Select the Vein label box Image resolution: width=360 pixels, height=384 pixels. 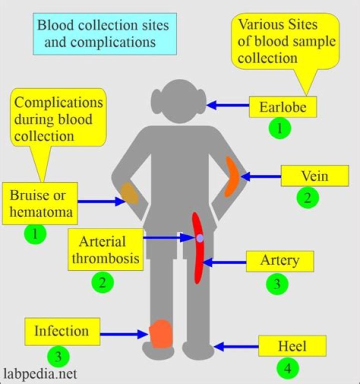pos(314,176)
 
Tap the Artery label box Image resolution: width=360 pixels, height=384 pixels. pos(279,261)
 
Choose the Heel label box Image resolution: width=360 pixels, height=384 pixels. pos(292,346)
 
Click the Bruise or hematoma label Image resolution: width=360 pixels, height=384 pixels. pos(40,204)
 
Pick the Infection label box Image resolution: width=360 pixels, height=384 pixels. pos(61,331)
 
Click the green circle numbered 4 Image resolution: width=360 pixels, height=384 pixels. pos(287,369)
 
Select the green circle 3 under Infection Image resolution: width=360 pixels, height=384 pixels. pos(58,356)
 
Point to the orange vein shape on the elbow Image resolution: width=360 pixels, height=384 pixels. pos(233,176)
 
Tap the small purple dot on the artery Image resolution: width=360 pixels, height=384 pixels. pos(199,239)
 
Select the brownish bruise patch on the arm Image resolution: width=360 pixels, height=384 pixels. pos(130,193)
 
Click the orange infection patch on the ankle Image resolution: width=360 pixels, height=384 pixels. pos(161,334)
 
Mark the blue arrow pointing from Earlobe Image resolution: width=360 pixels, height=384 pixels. pos(228,105)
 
